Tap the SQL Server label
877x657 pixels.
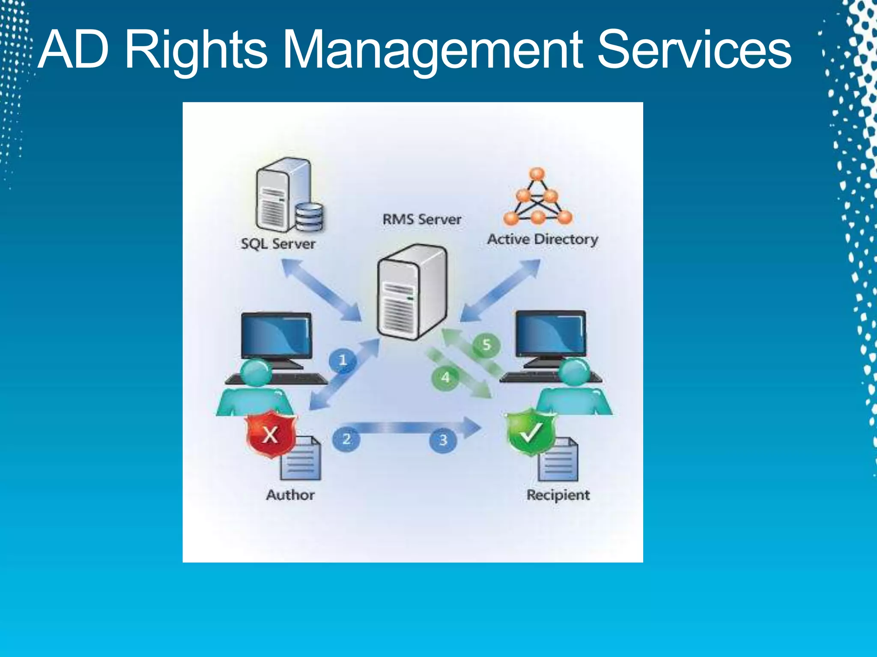(278, 244)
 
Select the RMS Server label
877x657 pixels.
(422, 219)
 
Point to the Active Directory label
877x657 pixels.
(543, 239)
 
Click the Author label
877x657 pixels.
(290, 495)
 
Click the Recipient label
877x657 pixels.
(558, 495)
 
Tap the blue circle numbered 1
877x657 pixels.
(343, 360)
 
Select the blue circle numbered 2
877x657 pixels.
(346, 439)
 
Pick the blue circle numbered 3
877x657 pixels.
(443, 440)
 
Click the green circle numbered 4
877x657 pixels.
(445, 377)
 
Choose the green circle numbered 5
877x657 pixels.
(486, 345)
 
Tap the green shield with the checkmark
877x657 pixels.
(531, 431)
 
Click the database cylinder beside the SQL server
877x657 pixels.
(310, 217)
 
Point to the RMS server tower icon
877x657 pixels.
(412, 292)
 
